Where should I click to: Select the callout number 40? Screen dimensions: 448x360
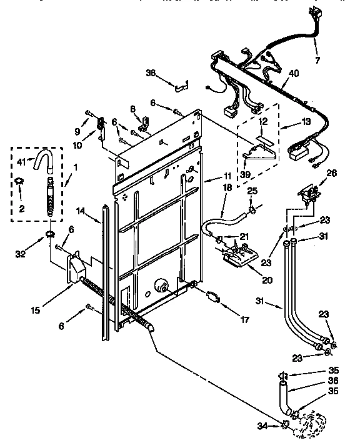click(x=293, y=73)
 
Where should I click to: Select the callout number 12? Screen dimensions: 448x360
click(x=264, y=121)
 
